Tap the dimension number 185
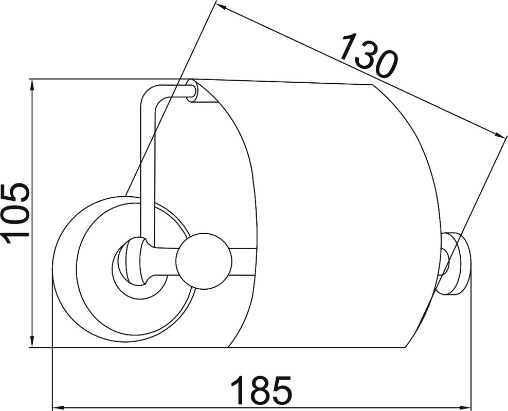click(261, 390)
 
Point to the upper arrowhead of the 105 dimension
click(32, 87)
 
